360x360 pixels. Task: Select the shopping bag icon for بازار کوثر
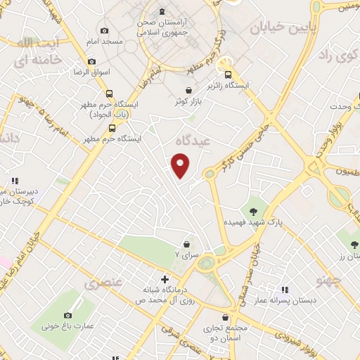click(x=188, y=90)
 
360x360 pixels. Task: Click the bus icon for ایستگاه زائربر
click(x=227, y=74)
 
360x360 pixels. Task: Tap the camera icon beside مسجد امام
click(x=104, y=30)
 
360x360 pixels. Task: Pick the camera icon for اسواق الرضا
click(x=92, y=61)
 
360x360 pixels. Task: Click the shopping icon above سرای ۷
click(x=186, y=243)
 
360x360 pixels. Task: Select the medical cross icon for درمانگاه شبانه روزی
click(x=165, y=278)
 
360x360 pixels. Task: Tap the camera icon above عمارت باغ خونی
click(x=69, y=316)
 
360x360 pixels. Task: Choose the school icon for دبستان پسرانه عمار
click(x=285, y=289)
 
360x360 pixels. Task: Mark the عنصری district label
click(x=98, y=285)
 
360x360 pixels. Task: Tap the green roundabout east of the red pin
click(x=209, y=174)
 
